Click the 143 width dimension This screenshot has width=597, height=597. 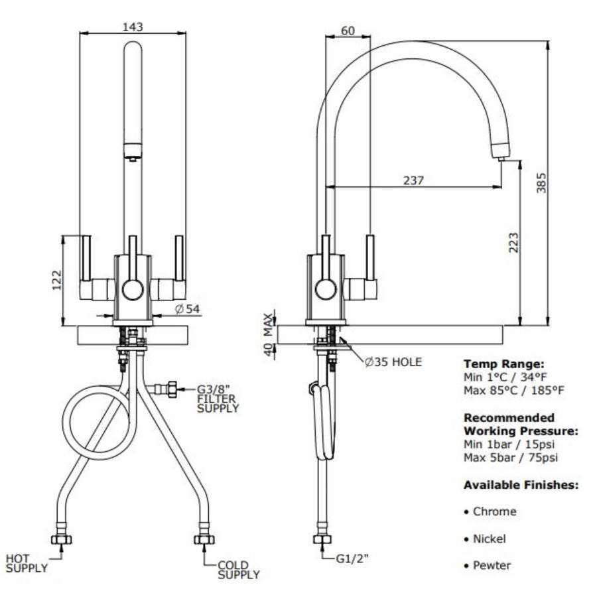coord(133,26)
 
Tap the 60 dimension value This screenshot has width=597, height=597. coord(348,30)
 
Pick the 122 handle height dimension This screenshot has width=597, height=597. coord(57,280)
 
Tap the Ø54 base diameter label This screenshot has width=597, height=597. coord(188,309)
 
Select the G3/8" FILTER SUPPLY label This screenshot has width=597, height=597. coord(218,399)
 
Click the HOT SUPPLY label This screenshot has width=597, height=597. coord(27,563)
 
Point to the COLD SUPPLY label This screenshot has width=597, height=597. coord(237,570)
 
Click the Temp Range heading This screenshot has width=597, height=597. coord(504,364)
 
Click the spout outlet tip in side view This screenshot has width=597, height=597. coord(503,158)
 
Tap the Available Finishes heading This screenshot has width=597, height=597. coord(521,485)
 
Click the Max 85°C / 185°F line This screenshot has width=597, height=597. coord(514,390)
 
